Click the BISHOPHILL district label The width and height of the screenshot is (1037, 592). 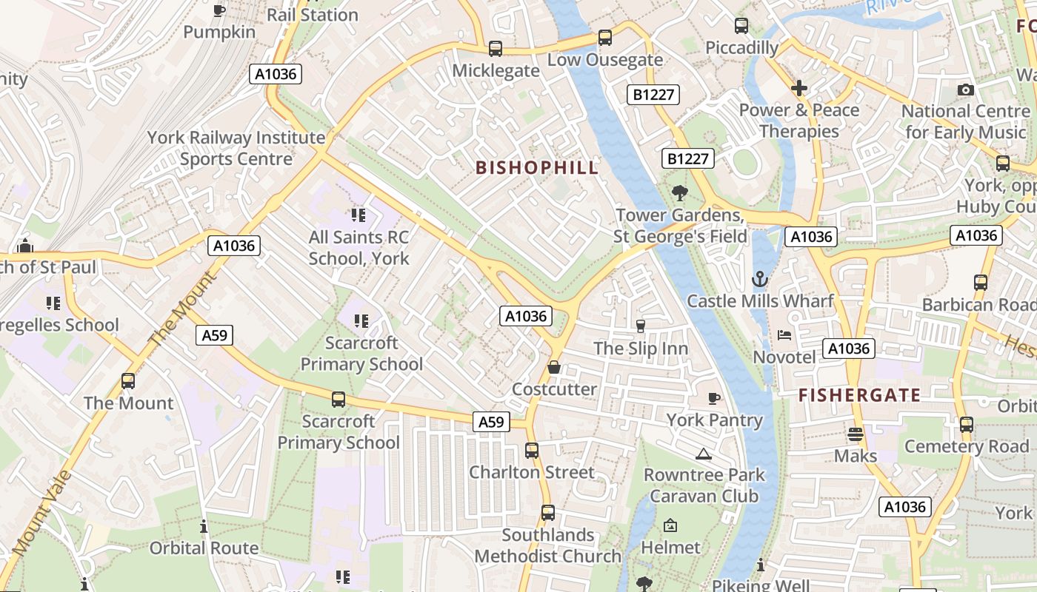pos(537,168)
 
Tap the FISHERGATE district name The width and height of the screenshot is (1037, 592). pos(859,395)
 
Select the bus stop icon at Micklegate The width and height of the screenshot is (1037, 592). pos(496,49)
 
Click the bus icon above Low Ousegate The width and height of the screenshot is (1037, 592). pos(605,38)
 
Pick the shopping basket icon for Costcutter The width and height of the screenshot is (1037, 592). pos(553,368)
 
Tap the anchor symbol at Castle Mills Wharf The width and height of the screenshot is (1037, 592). pos(760,280)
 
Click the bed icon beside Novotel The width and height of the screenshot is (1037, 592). pos(784,335)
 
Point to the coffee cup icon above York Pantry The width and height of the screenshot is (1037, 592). pos(714,399)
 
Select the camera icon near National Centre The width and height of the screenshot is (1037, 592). pos(965,90)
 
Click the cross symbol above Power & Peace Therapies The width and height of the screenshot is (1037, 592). pos(798,89)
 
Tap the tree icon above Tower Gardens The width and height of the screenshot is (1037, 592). pos(679,194)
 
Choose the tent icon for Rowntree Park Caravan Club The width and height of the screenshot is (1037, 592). pos(704,454)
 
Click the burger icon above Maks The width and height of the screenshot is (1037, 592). pos(856,434)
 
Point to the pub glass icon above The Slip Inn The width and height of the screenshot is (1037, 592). pos(641,326)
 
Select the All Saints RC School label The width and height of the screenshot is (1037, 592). pos(359,248)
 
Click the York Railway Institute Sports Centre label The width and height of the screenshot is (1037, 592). pos(236,148)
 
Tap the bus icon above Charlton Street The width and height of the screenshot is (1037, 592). pos(532,451)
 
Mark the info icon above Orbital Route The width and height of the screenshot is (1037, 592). pos(204,527)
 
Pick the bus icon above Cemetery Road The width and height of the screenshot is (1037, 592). pos(967,425)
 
